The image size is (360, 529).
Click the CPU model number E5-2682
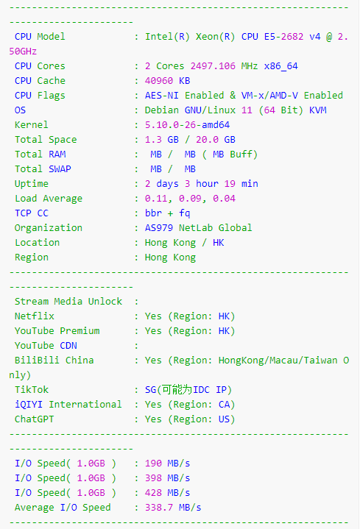click(283, 37)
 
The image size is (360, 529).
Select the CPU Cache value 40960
click(159, 81)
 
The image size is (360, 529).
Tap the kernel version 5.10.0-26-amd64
click(188, 125)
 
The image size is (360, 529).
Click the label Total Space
click(46, 140)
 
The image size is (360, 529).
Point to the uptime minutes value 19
click(230, 183)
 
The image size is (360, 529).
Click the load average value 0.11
click(156, 199)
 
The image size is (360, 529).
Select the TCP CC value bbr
click(153, 213)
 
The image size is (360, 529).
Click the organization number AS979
click(159, 228)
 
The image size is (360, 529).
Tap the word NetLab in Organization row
click(196, 228)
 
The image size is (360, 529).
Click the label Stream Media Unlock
click(68, 301)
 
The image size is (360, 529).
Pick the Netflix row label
click(35, 316)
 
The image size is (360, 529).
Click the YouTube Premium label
click(57, 330)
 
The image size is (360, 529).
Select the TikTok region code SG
click(151, 390)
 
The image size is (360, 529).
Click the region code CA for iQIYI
click(225, 404)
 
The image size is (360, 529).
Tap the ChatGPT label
click(34, 419)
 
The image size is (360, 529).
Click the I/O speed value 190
click(153, 464)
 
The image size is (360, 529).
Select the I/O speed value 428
click(153, 492)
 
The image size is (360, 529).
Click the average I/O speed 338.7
click(159, 508)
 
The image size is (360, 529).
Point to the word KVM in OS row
click(318, 110)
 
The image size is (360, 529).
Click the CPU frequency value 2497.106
click(213, 65)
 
